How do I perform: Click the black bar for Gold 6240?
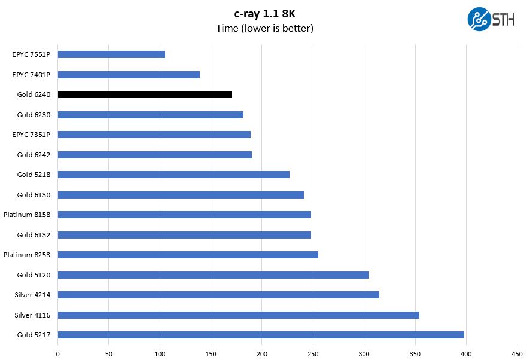point(145,94)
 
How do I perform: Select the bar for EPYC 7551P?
point(111,54)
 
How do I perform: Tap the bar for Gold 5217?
point(261,335)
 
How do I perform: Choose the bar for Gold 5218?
point(173,175)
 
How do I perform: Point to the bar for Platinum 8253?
point(188,255)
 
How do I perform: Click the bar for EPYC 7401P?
point(129,75)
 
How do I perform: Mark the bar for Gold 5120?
point(214,275)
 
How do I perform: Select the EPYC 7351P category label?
point(31,135)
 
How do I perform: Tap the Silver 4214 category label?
point(32,295)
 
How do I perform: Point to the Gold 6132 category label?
point(33,235)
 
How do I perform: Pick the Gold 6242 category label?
point(33,155)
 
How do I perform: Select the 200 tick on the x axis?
point(262,353)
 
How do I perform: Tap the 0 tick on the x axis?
point(58,353)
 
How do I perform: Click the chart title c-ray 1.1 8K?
point(264,13)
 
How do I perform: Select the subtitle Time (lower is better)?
point(264,28)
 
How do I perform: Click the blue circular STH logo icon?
point(479,19)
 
